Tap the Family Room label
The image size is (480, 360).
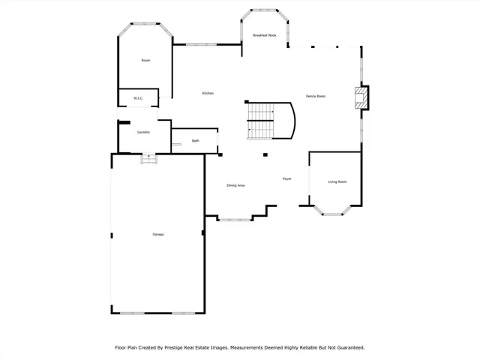click(x=315, y=96)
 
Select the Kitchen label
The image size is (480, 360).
click(x=208, y=93)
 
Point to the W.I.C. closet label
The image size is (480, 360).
click(x=139, y=98)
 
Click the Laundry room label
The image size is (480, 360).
click(x=143, y=132)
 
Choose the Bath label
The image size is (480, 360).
click(x=195, y=140)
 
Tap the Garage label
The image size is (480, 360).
click(x=158, y=234)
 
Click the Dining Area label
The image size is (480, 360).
click(x=235, y=185)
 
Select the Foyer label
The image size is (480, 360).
click(x=286, y=178)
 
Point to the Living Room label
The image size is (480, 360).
click(x=337, y=181)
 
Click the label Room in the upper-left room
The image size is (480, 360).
click(x=145, y=60)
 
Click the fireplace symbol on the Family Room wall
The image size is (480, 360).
click(x=362, y=98)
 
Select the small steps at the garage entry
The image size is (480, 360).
click(x=149, y=159)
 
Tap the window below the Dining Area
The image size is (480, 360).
click(x=235, y=219)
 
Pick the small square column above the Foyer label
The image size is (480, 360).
click(x=265, y=155)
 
